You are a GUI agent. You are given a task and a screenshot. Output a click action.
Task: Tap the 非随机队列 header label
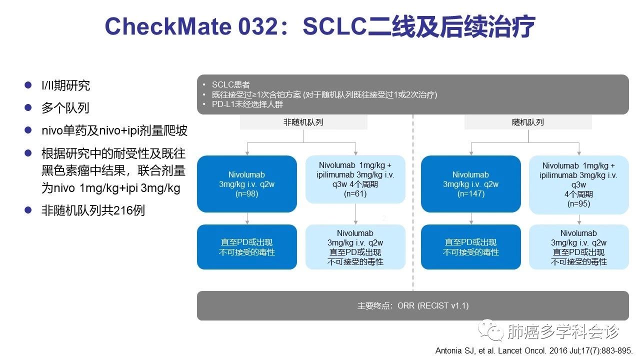click(x=303, y=122)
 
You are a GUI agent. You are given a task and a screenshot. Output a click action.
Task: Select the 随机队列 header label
click(x=528, y=122)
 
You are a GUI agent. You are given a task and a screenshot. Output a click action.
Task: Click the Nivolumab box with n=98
click(x=247, y=184)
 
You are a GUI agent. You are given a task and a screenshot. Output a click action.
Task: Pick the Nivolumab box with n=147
click(x=470, y=184)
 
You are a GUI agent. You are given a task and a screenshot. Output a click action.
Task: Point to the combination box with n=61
click(x=355, y=179)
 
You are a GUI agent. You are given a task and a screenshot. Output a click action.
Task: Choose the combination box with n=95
click(x=579, y=184)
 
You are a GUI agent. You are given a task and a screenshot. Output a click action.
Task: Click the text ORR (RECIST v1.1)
click(x=433, y=305)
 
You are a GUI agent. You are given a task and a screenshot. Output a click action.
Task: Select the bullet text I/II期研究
click(x=65, y=85)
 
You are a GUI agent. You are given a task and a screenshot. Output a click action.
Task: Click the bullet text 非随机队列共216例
click(x=93, y=210)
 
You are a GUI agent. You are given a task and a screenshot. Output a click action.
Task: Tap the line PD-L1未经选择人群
click(x=247, y=104)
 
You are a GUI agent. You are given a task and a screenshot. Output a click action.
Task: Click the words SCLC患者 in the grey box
click(x=230, y=84)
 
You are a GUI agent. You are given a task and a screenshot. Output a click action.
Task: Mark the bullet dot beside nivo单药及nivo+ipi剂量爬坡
click(x=28, y=130)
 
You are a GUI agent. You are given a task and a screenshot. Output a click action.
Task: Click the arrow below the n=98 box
click(x=247, y=218)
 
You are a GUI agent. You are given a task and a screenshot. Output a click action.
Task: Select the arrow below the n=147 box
click(x=470, y=218)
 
